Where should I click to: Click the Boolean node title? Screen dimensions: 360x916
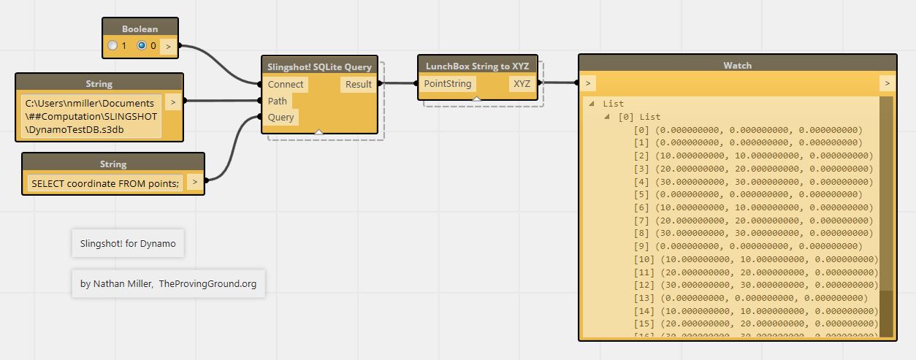click(x=140, y=28)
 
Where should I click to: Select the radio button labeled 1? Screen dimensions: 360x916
click(x=112, y=45)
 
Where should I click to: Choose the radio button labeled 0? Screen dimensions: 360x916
click(x=142, y=45)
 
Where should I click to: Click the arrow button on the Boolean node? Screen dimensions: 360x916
click(x=168, y=46)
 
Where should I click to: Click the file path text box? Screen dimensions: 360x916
click(x=90, y=115)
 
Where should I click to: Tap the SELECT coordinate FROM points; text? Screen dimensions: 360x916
click(x=105, y=183)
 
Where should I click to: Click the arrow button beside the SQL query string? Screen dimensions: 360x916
click(x=194, y=182)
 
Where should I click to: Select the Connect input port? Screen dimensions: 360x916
click(x=286, y=85)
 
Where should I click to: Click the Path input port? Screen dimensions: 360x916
click(x=278, y=101)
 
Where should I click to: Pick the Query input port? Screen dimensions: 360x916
click(x=281, y=117)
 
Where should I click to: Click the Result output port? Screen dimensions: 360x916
click(x=358, y=84)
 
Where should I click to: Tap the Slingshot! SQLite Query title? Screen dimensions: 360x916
click(x=319, y=66)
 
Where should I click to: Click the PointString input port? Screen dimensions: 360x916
click(x=448, y=84)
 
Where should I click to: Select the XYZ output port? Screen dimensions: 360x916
click(x=522, y=84)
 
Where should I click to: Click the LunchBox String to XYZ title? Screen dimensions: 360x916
click(x=478, y=66)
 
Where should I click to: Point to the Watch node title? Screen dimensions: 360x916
click(x=737, y=65)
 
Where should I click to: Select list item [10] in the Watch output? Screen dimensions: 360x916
click(x=756, y=259)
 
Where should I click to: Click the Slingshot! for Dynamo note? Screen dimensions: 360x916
click(x=128, y=243)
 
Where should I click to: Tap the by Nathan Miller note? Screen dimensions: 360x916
click(x=168, y=283)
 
